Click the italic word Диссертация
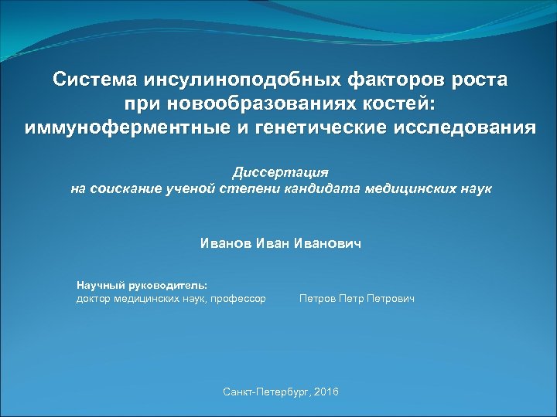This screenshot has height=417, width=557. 281,171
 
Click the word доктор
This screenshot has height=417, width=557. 94,298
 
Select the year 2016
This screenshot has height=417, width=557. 327,393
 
